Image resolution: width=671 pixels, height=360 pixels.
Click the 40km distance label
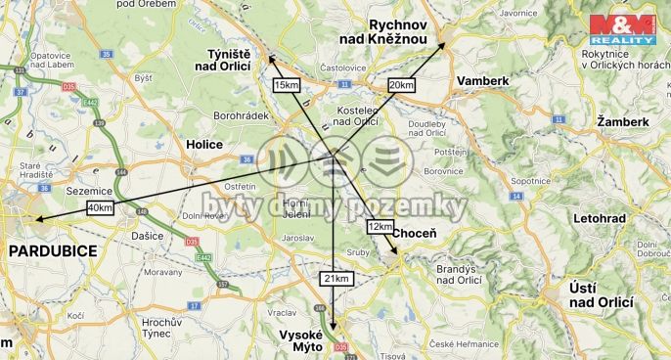(100, 207)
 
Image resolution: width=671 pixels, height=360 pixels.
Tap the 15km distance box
(286, 86)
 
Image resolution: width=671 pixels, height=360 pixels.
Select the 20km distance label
(401, 85)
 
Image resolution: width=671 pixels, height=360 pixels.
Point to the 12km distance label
(380, 226)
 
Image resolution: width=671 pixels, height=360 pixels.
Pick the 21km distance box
(335, 279)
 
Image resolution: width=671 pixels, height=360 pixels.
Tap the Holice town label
(204, 144)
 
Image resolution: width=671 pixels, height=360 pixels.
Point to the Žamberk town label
(623, 121)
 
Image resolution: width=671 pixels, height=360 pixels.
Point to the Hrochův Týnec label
(163, 327)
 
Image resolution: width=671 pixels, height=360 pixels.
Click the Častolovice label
(342, 67)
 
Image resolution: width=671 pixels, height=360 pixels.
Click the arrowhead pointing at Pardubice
(34, 219)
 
